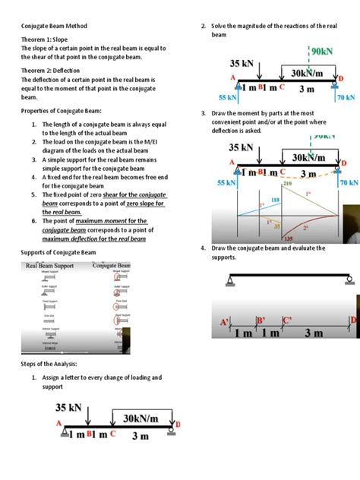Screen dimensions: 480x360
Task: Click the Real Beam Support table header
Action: coord(50,266)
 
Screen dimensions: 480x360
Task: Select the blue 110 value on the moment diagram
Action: coord(275,199)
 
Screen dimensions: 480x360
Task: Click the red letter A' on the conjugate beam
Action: coord(225,322)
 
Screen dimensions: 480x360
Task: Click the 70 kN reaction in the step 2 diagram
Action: coord(346,98)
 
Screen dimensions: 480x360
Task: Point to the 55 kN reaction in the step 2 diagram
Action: coord(227,98)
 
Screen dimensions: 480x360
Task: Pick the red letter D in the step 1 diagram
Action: coord(178,424)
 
